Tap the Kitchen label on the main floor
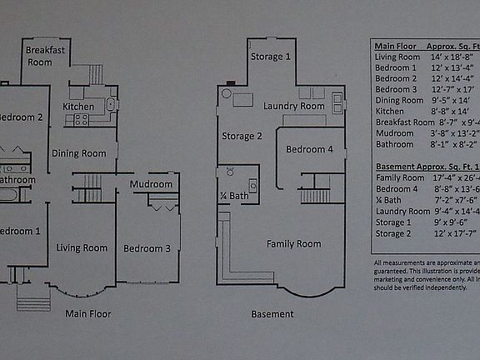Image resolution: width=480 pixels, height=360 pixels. click(x=78, y=107)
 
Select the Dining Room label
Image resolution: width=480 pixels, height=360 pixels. click(x=79, y=153)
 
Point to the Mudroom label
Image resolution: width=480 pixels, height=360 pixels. click(x=151, y=184)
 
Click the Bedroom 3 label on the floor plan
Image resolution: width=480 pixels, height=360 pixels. click(x=147, y=248)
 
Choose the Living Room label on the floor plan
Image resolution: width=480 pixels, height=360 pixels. click(x=82, y=247)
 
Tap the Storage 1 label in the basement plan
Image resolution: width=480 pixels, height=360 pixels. click(x=271, y=57)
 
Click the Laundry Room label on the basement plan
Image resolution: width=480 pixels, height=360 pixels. click(x=293, y=107)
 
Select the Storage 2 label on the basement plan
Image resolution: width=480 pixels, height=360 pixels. click(x=242, y=136)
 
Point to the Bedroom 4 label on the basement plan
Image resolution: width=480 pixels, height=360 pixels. click(x=309, y=150)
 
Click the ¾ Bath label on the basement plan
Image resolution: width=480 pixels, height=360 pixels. click(x=234, y=196)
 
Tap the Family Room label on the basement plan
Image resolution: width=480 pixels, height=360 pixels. click(x=293, y=244)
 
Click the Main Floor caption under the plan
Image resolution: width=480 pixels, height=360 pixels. click(x=88, y=314)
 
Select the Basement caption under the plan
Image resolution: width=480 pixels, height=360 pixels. click(x=272, y=314)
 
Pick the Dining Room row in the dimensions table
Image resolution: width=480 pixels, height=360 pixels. click(x=399, y=100)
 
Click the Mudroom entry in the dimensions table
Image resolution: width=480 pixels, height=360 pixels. click(x=395, y=132)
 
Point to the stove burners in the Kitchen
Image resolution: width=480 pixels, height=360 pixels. click(x=82, y=120)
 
